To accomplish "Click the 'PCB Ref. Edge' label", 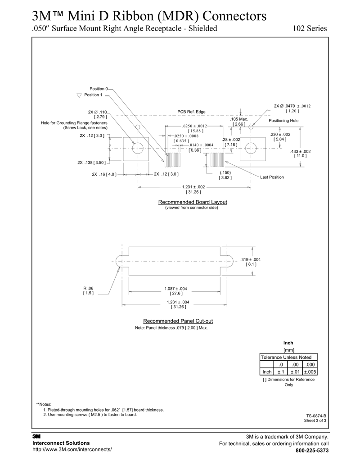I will (x=191, y=112).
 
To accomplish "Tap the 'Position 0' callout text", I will (x=99, y=89).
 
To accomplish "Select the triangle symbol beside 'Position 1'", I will (x=79, y=95).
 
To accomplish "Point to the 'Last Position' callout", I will (x=272, y=177).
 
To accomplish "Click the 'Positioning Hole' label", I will (x=283, y=121).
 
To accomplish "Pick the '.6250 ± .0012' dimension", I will (x=194, y=126).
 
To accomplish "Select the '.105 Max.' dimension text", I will (x=239, y=119).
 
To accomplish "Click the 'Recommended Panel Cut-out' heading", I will (x=178, y=321).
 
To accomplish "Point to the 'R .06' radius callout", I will (x=88, y=288).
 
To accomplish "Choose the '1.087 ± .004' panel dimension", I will (x=176, y=288).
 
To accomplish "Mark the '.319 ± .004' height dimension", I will (x=251, y=259).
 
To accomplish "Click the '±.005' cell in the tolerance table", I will (x=310, y=372).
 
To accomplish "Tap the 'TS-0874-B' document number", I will (x=316, y=416).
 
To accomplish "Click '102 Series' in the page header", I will (x=310, y=28).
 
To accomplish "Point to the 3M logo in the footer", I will (x=36, y=436).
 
